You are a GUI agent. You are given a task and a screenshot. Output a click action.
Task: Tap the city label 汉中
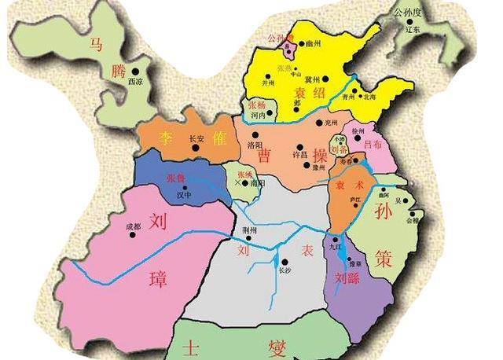click(x=183, y=194)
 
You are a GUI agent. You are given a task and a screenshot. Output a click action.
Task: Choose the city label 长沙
click(x=285, y=270)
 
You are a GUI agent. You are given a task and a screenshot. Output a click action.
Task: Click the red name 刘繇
click(x=347, y=277)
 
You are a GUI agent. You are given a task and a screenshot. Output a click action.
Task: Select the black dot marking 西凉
click(x=136, y=72)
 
